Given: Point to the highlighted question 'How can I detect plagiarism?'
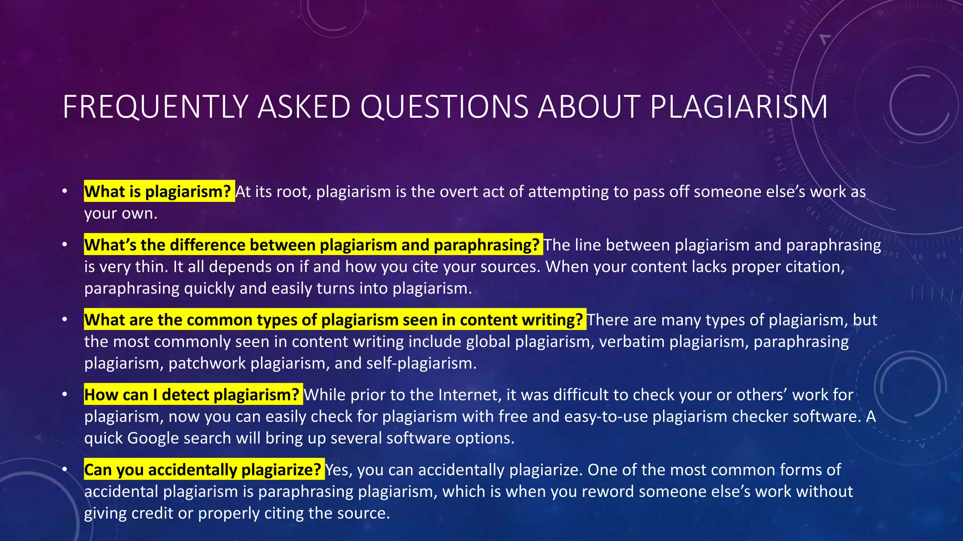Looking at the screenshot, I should coord(192,394).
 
